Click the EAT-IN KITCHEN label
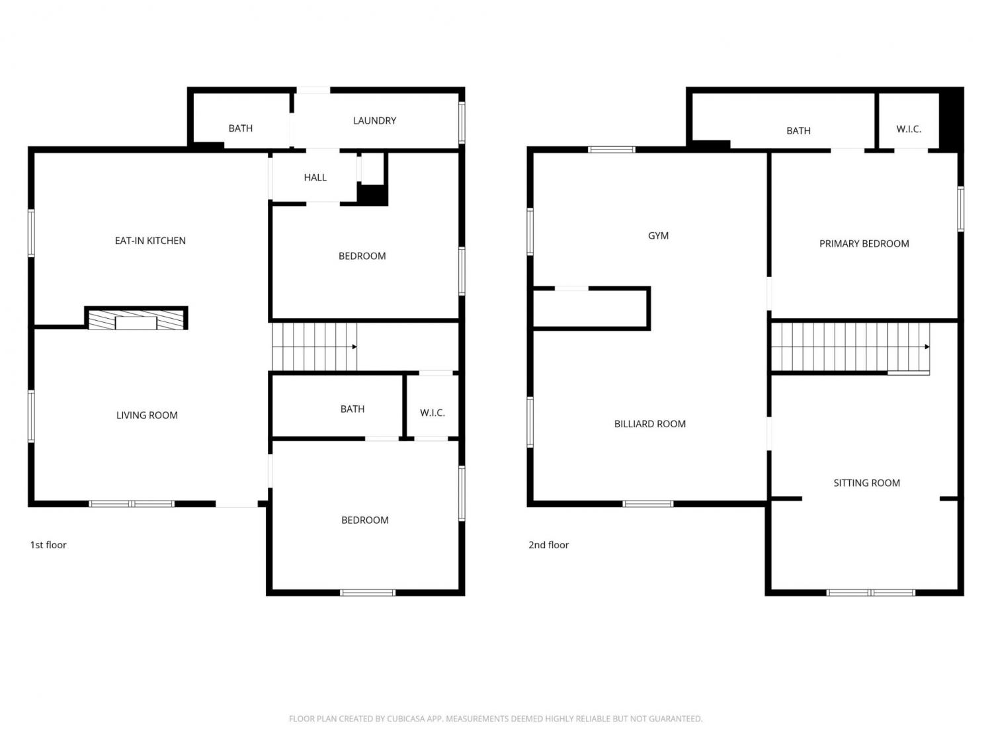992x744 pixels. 150,240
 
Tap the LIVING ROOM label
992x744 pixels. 147,415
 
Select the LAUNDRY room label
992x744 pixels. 374,120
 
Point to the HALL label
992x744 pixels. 315,177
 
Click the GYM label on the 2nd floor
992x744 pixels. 658,236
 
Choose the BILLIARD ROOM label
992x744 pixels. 649,424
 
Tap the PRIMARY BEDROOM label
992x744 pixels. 864,244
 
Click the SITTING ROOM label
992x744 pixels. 866,483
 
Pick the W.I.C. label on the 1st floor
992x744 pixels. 432,413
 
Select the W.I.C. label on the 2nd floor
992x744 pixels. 909,129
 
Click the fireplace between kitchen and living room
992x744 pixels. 136,319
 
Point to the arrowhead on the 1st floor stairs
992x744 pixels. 354,347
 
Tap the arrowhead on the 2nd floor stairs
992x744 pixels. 927,347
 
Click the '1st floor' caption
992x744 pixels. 48,545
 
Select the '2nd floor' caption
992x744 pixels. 548,545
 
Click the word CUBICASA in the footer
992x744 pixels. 405,719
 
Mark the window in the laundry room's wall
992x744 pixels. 462,122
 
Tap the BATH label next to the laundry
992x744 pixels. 241,128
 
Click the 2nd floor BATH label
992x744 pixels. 798,131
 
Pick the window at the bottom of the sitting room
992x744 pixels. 871,593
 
